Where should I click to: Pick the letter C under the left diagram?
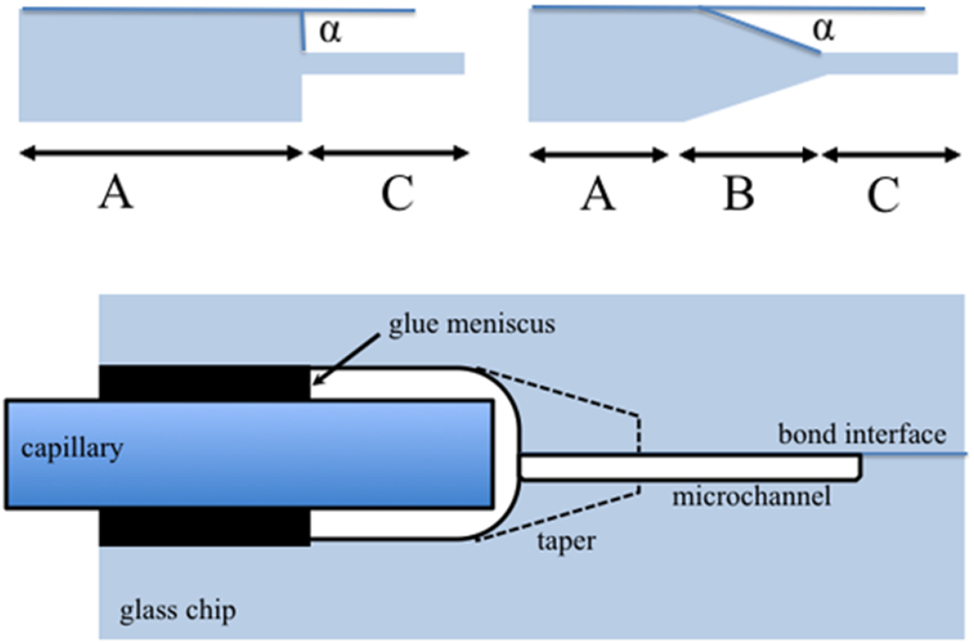(396, 195)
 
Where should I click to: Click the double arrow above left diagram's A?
(160, 153)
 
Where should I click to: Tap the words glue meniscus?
(472, 327)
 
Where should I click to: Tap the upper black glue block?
(204, 382)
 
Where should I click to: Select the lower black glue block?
(204, 526)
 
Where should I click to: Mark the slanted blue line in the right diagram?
(759, 31)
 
